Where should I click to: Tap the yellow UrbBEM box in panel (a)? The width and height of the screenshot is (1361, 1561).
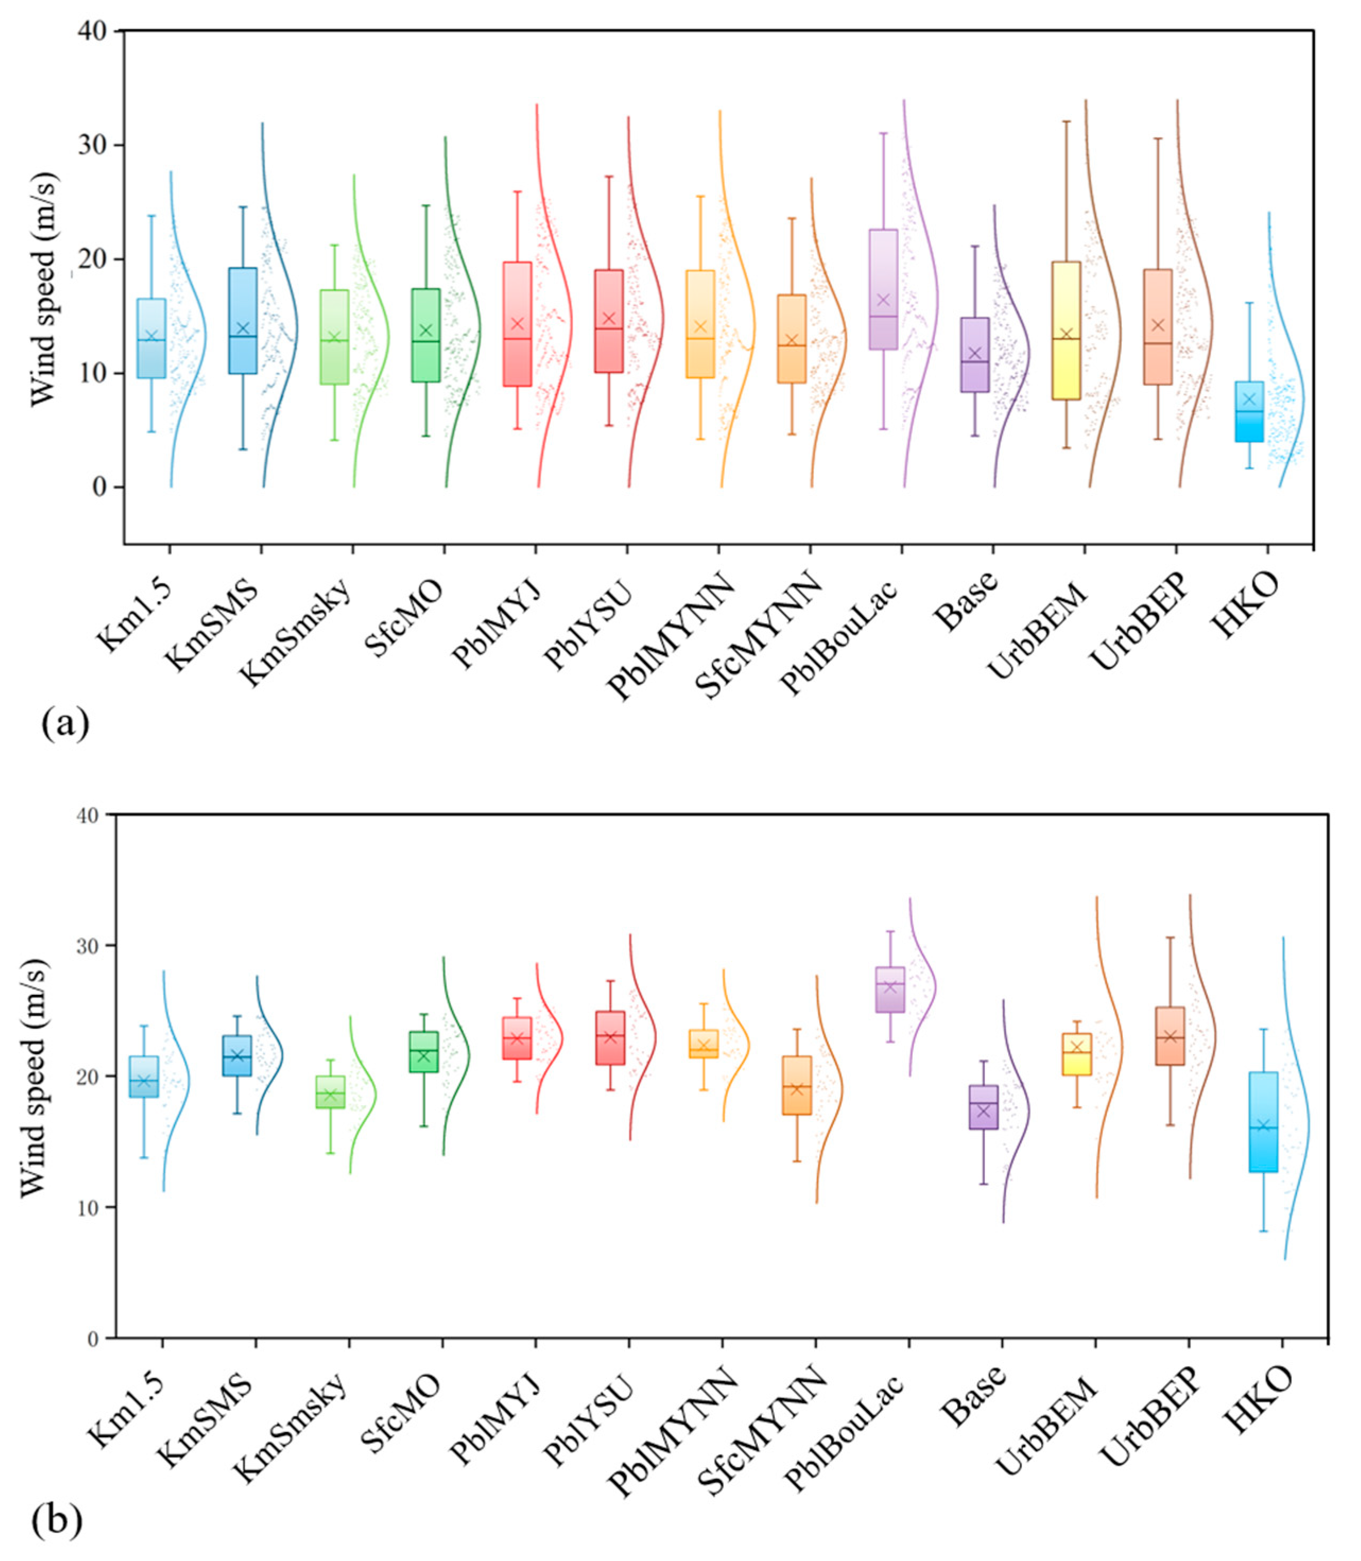[x=1067, y=331]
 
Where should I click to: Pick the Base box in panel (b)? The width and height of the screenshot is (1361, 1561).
[x=984, y=1107]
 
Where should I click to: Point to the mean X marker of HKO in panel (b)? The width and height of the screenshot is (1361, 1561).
[x=1264, y=1125]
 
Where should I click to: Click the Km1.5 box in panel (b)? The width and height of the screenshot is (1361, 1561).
[x=144, y=1077]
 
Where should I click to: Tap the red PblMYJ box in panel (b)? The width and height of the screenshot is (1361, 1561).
[x=517, y=1038]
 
